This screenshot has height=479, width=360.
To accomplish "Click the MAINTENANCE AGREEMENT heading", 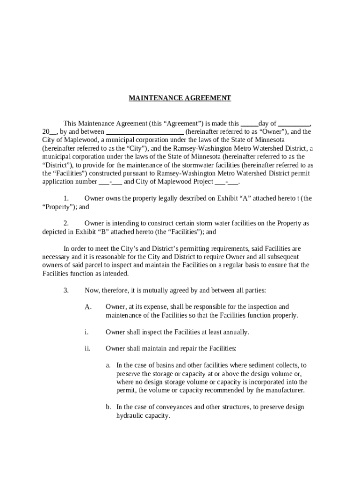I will (x=180, y=98).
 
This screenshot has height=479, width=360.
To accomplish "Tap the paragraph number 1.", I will (x=66, y=198).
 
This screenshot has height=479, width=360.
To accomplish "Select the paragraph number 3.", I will (x=66, y=290).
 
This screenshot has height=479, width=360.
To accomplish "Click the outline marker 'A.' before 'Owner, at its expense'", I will (x=88, y=307).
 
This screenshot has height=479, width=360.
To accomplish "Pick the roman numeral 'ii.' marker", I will (x=87, y=348).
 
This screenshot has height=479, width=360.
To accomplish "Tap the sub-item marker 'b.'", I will (x=108, y=407).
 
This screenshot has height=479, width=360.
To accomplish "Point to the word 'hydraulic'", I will (x=129, y=415).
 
